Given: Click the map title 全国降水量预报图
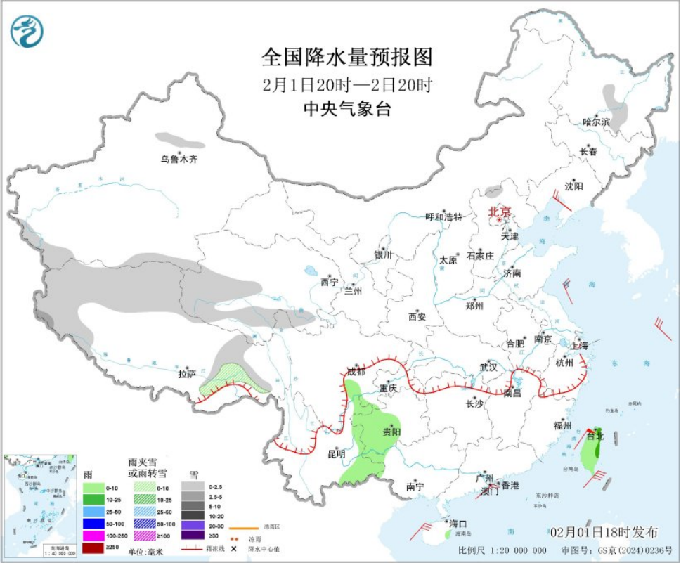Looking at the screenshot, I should [346, 56].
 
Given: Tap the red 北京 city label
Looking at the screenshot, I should [499, 211].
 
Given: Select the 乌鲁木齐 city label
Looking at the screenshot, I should [179, 160].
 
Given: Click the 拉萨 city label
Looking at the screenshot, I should [187, 374].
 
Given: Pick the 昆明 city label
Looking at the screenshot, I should [337, 453].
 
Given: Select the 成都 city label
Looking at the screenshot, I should [356, 370].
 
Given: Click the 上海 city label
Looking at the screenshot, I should [580, 345].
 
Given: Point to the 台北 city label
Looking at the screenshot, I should [595, 436].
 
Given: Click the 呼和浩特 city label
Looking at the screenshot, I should [444, 216].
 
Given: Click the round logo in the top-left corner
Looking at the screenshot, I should [27, 32].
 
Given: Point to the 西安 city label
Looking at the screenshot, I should [417, 317].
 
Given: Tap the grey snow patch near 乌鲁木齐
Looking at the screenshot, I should [176, 138].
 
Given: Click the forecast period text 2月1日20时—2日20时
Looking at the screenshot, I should [346, 85].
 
